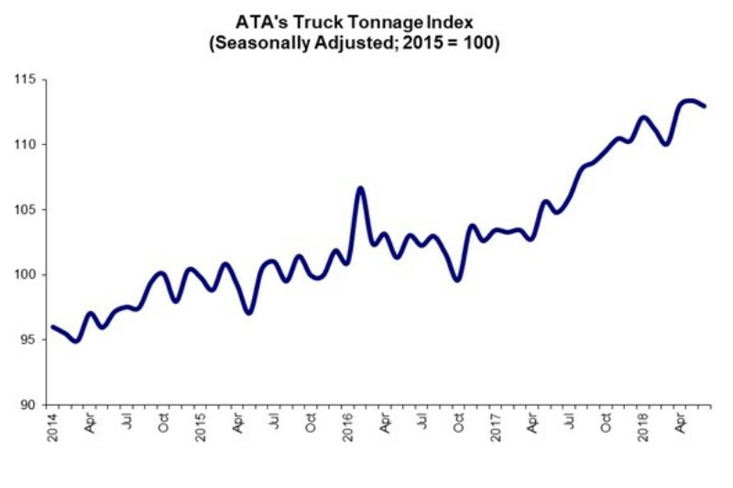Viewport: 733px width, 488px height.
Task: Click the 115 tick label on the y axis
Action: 28,80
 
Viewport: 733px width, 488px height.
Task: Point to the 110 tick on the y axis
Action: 28,145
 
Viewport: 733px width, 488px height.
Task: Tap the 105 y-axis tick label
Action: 28,210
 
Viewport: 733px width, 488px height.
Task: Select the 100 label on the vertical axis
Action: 28,275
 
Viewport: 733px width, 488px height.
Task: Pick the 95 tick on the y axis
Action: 31,340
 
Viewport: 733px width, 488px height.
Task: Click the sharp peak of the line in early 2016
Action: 360,188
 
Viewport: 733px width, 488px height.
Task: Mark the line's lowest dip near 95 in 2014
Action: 77,340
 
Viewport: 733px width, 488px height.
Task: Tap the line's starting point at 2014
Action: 52,327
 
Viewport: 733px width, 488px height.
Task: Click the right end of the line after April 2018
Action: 704,106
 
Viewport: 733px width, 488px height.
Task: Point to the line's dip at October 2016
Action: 457,280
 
